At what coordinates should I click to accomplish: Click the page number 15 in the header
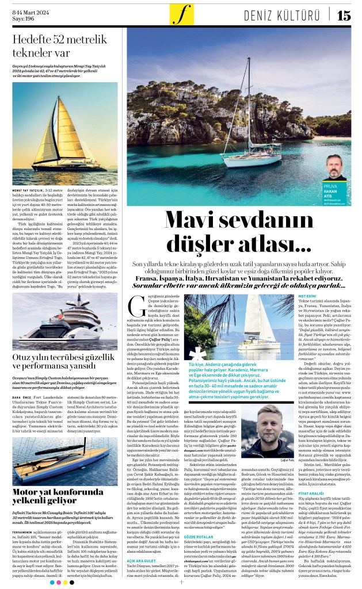point(343,16)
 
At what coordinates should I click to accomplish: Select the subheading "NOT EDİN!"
point(307,296)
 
